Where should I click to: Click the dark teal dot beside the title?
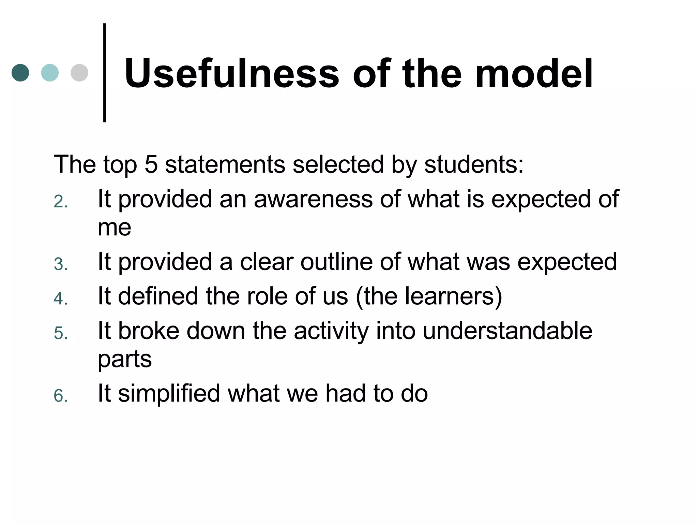click(20, 73)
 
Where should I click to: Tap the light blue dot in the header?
click(50, 73)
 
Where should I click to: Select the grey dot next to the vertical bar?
click(79, 73)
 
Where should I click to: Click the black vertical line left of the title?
click(105, 73)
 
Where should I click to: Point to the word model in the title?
click(534, 74)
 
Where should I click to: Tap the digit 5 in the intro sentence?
click(151, 164)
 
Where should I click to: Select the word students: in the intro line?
click(474, 164)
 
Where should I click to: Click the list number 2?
click(61, 202)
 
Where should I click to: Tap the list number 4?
click(61, 299)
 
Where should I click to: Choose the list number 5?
click(61, 333)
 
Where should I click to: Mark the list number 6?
click(61, 396)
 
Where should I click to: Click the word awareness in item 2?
click(313, 199)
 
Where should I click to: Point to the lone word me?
click(115, 228)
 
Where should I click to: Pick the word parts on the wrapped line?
click(125, 360)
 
